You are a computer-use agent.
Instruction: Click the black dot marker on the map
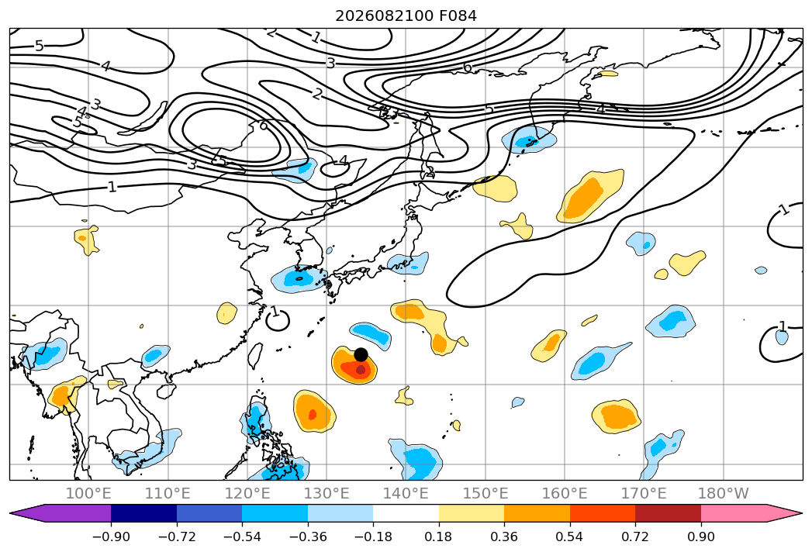click(361, 355)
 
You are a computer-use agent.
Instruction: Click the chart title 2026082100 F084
click(406, 16)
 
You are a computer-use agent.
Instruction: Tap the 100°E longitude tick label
click(88, 494)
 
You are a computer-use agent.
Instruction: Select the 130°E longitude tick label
click(327, 494)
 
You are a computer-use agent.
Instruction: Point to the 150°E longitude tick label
click(485, 494)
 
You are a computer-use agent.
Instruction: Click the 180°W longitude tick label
click(724, 494)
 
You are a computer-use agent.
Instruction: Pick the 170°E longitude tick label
click(644, 494)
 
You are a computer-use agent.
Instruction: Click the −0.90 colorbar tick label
click(111, 536)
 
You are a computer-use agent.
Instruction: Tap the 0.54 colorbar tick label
click(570, 536)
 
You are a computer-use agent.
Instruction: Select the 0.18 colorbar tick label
click(439, 536)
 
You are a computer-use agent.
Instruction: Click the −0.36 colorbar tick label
click(308, 536)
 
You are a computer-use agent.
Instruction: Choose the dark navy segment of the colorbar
click(144, 513)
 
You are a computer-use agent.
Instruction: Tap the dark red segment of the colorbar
click(668, 513)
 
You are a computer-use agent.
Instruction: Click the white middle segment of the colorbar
click(406, 513)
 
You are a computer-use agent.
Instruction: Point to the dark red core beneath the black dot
click(361, 369)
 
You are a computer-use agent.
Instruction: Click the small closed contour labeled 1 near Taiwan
click(278, 320)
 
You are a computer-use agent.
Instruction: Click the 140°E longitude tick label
click(406, 494)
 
